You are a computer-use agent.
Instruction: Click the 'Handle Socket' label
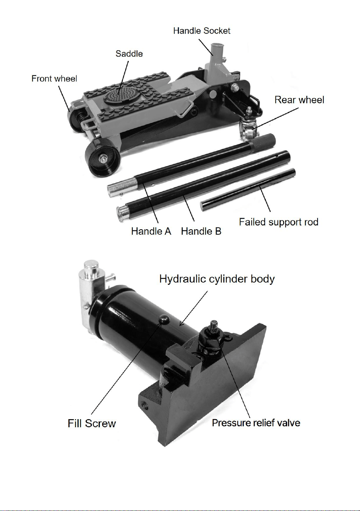[202, 31]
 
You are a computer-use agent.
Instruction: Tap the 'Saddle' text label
[129, 54]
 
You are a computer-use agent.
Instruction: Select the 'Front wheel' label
[54, 79]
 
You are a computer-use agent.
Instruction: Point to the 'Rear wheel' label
[299, 100]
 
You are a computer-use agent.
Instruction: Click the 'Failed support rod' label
[279, 222]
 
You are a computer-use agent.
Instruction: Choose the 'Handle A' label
[151, 231]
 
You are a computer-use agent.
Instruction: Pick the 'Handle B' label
[201, 231]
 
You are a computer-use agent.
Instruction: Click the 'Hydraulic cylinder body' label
[217, 279]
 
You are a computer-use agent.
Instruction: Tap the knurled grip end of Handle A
[262, 140]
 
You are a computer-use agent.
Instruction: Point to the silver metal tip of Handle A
[122, 188]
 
